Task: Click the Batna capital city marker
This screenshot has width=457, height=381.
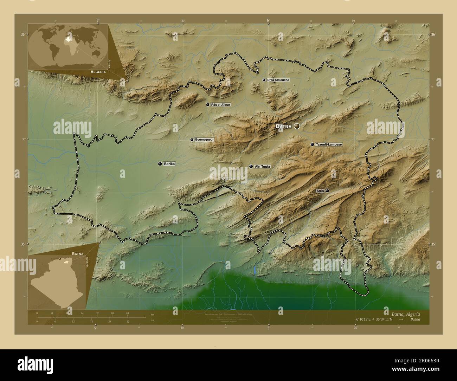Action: [x=297, y=126]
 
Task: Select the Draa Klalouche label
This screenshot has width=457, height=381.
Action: [x=278, y=80]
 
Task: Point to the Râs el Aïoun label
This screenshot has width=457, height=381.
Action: [x=221, y=105]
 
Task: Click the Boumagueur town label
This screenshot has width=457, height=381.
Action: [x=205, y=140]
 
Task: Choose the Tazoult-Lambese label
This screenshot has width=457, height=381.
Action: [x=329, y=144]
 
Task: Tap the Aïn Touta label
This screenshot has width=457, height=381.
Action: [x=262, y=166]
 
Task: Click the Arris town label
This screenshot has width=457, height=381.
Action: [x=320, y=190]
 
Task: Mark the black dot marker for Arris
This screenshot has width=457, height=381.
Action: [x=327, y=190]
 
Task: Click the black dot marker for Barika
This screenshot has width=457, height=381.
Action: [x=160, y=164]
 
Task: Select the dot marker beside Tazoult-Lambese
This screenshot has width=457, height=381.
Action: [x=312, y=144]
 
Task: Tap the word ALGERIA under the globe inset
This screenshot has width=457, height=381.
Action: [x=98, y=71]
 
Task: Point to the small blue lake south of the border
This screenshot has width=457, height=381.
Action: [x=254, y=270]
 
